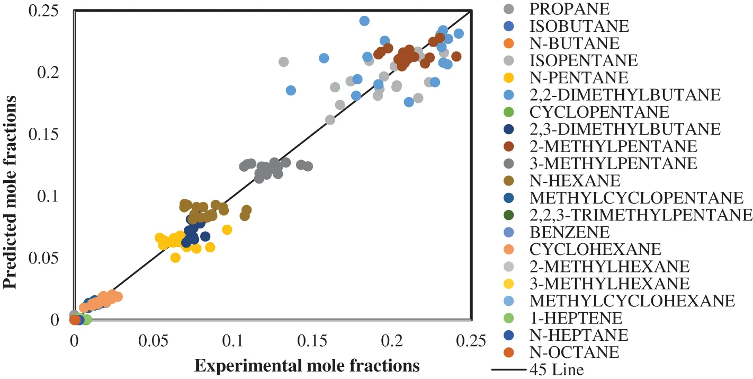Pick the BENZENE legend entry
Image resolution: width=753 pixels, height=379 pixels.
(x=569, y=232)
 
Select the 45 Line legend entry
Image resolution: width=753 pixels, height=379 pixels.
(x=557, y=369)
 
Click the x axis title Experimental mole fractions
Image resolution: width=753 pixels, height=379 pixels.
(x=307, y=366)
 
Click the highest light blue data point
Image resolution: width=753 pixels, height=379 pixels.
(x=364, y=21)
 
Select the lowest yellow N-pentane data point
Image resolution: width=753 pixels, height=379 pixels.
(x=175, y=258)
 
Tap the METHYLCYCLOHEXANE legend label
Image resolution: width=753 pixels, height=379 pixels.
(x=632, y=301)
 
